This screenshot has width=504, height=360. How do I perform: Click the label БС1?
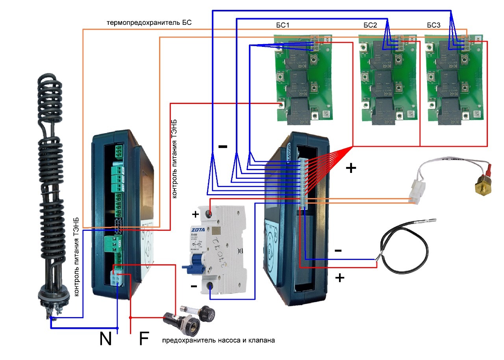point(282,25)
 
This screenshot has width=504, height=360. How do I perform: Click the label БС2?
point(370,25)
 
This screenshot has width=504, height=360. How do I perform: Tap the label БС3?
point(435,25)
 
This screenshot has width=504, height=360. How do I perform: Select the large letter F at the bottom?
point(144,339)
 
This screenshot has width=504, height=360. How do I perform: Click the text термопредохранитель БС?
point(149,22)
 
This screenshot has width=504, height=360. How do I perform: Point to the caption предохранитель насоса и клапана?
point(218,340)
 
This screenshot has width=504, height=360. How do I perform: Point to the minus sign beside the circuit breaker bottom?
point(194,286)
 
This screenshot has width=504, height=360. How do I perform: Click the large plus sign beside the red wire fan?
point(350,169)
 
